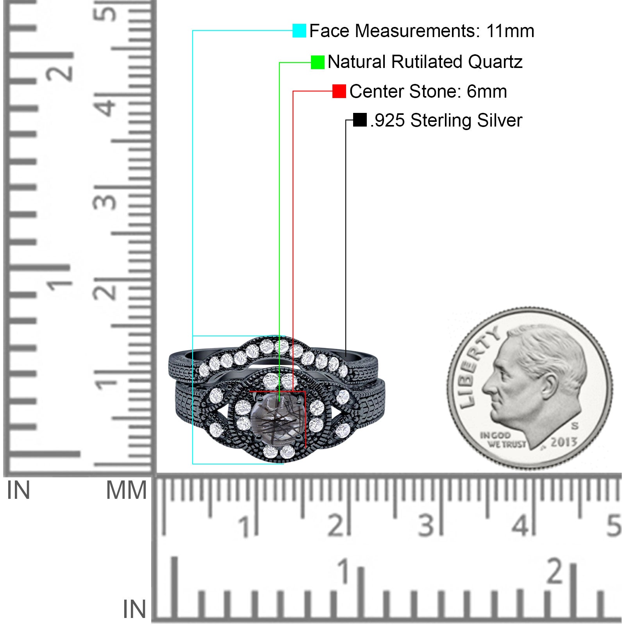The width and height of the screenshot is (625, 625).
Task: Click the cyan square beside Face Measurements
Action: pos(299,30)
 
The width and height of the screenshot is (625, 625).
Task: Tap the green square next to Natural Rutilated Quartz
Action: pos(318,62)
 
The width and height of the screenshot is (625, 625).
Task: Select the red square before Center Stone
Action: pos(339,91)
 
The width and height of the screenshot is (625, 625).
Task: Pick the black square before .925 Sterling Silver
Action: pos(360,120)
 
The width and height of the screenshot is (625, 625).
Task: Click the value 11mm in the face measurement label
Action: pos(510,31)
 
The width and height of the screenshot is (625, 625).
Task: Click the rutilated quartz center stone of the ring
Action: pos(278,418)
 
